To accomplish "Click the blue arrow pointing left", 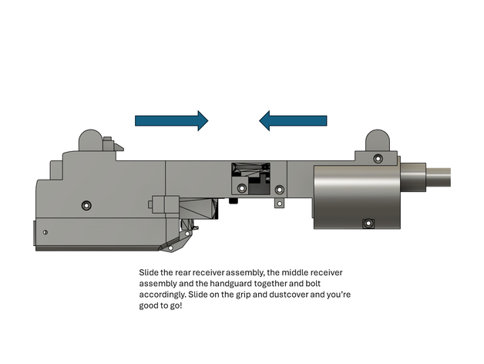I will pyautogui.click(x=293, y=120).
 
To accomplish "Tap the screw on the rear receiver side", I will pyautogui.click(x=86, y=205).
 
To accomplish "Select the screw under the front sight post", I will pyautogui.click(x=378, y=158).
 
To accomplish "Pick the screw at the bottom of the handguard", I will pyautogui.click(x=368, y=224).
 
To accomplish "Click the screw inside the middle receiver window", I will pyautogui.click(x=242, y=188).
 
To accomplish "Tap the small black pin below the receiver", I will pyautogui.click(x=232, y=202).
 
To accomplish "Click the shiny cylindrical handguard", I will pyautogui.click(x=354, y=195).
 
